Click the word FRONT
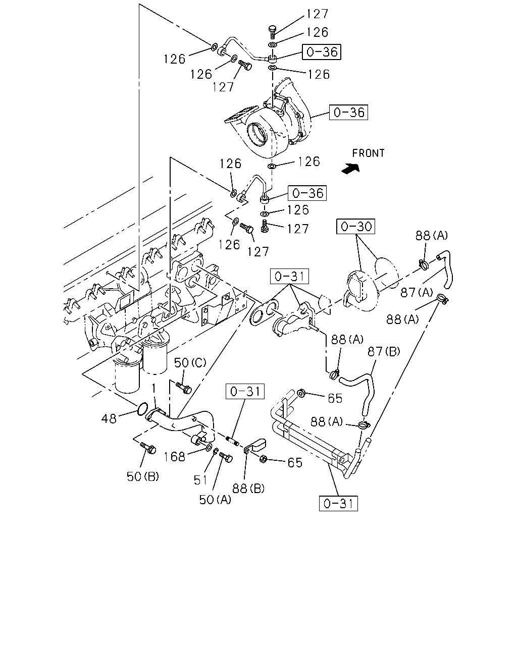point(368,153)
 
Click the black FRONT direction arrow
point(350,169)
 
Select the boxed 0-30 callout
point(355,227)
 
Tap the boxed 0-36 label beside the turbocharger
point(348,113)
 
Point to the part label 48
point(109,418)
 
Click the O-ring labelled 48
point(142,409)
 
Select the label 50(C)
point(190,363)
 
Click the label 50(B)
point(143,476)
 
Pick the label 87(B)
point(384,351)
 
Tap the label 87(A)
point(417,292)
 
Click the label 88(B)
point(248,489)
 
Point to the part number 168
point(175,457)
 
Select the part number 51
point(200,480)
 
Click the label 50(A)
point(215,500)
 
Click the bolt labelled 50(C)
point(184,388)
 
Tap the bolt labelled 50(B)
point(148,448)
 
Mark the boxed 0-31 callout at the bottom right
point(338,503)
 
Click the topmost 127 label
point(317,14)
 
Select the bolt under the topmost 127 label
point(272,32)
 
